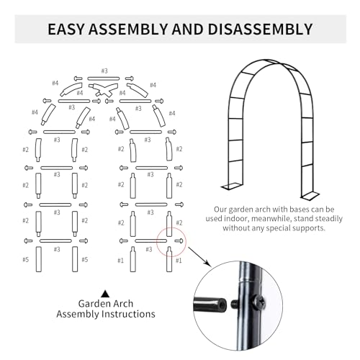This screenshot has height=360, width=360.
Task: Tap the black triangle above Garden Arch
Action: click(105, 293)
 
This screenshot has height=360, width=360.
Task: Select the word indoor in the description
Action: click(253, 217)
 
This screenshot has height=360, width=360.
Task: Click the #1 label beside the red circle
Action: click(179, 261)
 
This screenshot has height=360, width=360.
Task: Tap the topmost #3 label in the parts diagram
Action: click(104, 71)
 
